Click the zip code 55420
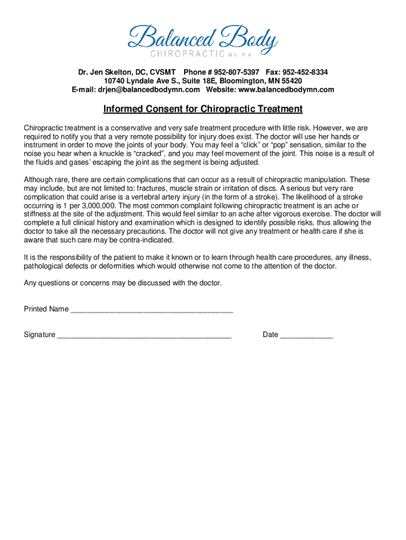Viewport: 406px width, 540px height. (291, 81)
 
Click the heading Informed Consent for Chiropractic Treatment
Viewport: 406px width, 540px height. (202, 109)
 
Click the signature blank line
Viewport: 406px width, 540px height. (144, 334)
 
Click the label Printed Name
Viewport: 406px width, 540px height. (46, 309)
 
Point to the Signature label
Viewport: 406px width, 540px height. (40, 334)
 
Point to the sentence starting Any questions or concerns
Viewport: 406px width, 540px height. (123, 283)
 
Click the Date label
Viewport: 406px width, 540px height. (270, 334)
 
